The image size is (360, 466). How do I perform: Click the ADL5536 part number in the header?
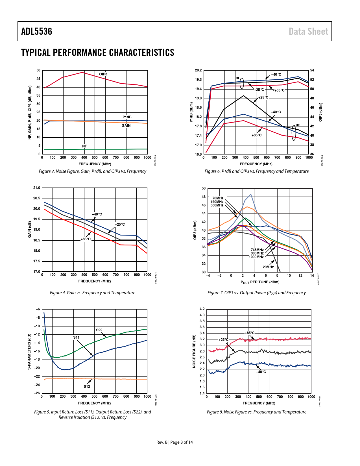coord(37,31)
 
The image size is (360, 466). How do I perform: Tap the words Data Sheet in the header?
coord(308,31)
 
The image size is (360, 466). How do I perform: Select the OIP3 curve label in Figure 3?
coord(103,74)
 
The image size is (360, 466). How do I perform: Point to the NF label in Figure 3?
coord(84,146)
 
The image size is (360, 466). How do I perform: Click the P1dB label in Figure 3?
coord(127,117)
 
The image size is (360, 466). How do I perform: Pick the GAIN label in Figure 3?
coord(126,126)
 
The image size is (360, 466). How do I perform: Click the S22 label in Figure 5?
coord(99,330)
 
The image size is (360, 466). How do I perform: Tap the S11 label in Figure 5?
coord(76,337)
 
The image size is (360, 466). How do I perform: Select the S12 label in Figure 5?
coord(87,387)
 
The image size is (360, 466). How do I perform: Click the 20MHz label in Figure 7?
coord(268,267)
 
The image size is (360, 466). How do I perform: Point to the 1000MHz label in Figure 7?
coord(256,257)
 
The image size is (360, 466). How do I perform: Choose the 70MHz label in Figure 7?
coord(218,198)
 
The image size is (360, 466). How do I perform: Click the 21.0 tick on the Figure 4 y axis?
coord(37,188)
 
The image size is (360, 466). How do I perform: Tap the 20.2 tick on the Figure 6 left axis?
coord(198,70)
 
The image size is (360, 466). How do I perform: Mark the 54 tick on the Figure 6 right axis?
coord(312,70)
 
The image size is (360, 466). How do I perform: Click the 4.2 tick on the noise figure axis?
coord(202,309)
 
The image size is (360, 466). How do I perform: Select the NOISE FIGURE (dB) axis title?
coord(194,351)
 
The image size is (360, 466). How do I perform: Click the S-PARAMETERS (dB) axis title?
coord(29,352)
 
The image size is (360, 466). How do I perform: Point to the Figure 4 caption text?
coord(93,293)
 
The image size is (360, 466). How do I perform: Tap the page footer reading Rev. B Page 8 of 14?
coord(174,442)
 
